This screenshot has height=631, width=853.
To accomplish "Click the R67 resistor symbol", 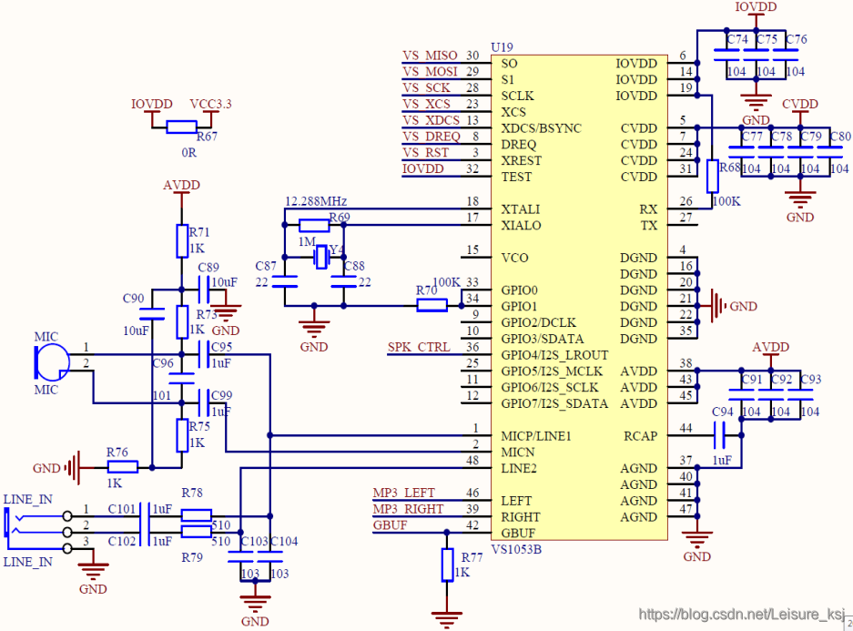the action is (x=182, y=127).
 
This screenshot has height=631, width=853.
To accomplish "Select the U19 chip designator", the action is (x=502, y=47).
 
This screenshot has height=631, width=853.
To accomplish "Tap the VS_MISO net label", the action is (x=430, y=56).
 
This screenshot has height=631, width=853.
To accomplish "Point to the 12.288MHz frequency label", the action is (x=316, y=201).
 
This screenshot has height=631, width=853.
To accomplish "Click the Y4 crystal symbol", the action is (x=322, y=257).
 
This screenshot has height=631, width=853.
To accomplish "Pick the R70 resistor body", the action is (x=432, y=305).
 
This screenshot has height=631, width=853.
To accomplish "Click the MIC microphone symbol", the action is (x=52, y=362).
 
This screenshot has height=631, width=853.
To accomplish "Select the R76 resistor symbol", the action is (x=122, y=467).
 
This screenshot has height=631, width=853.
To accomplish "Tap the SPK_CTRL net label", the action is (x=419, y=347).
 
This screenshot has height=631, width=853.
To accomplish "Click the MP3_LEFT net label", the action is (x=403, y=493).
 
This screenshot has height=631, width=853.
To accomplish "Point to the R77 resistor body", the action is (x=447, y=565).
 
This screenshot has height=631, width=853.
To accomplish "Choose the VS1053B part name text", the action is (x=516, y=549).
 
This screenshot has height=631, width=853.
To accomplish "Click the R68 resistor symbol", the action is (x=712, y=177).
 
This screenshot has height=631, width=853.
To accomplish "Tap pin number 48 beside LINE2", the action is (x=472, y=460).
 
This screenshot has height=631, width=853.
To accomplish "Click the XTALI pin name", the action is (x=521, y=209).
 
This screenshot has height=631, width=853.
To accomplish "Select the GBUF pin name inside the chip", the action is (x=518, y=533).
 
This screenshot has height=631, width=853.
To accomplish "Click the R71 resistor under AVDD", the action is (x=182, y=241).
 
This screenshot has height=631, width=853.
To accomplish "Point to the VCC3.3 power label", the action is (x=210, y=104).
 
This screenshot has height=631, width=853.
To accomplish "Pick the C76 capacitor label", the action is (x=797, y=39).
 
